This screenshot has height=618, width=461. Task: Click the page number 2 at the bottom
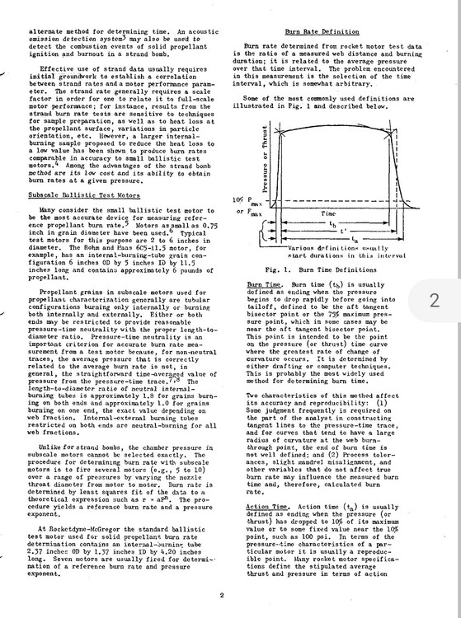click(222, 594)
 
